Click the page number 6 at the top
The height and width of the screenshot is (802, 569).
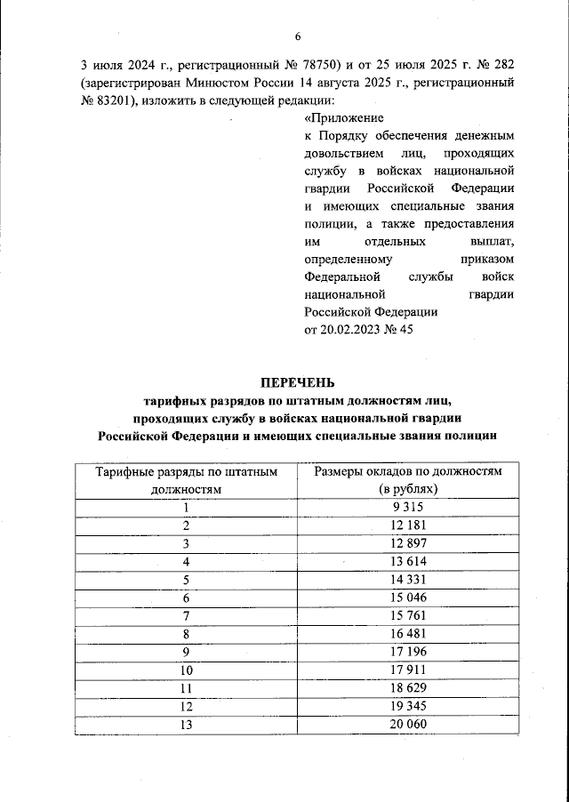[299, 36]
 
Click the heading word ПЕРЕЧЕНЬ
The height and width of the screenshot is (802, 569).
[298, 383]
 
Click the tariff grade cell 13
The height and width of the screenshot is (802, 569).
[187, 726]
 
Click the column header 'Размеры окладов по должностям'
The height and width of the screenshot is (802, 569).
[408, 470]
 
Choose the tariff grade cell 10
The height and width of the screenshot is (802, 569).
[187, 671]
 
